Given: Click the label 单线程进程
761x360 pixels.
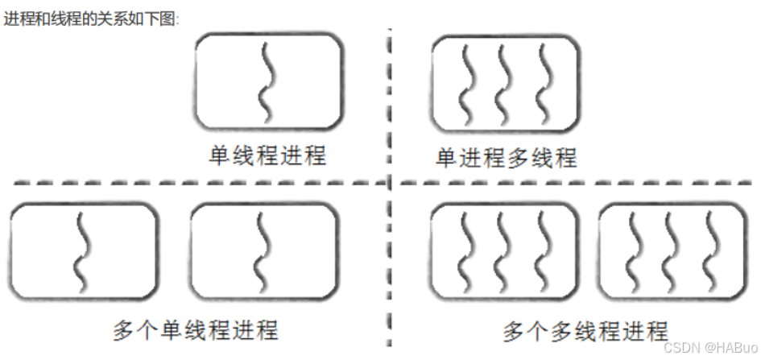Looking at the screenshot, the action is click(268, 155).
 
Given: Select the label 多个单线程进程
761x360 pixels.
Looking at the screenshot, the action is click(196, 329).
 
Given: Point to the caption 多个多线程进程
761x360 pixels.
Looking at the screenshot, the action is click(585, 330).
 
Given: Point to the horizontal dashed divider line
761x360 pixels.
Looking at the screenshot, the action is click(193, 184).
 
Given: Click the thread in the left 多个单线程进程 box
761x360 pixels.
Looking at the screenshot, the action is click(81, 250).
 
